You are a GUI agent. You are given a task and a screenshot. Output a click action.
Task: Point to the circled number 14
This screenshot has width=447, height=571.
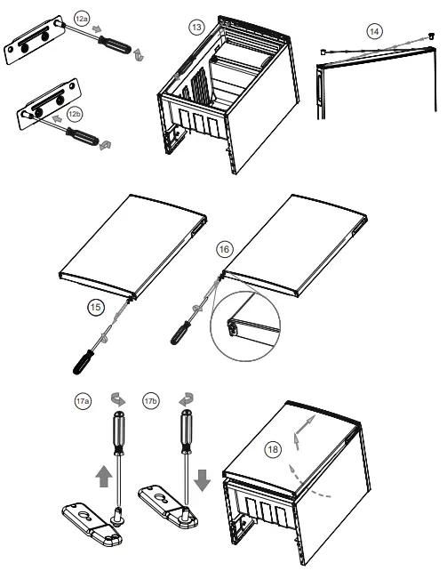[x=374, y=31]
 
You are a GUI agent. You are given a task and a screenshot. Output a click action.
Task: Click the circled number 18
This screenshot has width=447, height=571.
[x=272, y=449]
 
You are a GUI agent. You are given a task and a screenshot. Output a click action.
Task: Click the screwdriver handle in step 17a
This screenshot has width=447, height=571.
[x=117, y=433]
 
